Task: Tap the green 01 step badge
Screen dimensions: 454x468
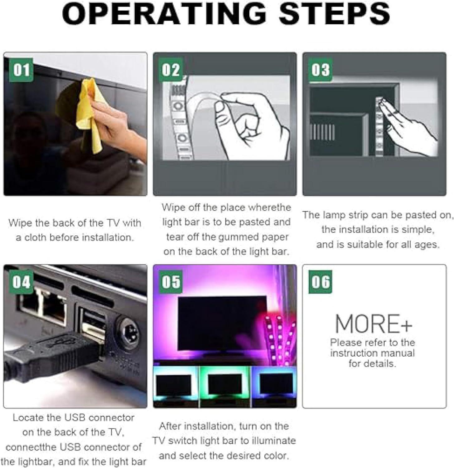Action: point(21,70)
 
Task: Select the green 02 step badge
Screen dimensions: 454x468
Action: point(171,70)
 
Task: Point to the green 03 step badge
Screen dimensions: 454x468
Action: point(321,70)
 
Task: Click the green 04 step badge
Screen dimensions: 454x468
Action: point(21,282)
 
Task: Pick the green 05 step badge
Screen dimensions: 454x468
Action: point(171,282)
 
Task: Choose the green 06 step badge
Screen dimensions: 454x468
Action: point(321,282)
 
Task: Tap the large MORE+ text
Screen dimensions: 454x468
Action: point(374,324)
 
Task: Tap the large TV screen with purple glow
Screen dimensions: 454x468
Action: point(222,325)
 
